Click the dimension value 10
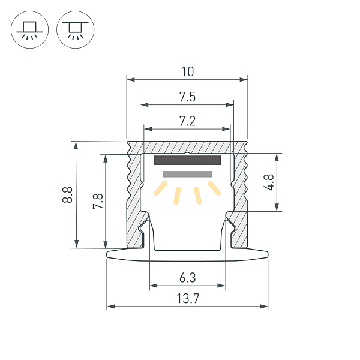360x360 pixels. (x=187, y=72)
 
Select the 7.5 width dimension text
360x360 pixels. (x=187, y=97)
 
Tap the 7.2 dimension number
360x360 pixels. (x=187, y=121)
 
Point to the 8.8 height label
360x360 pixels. (x=67, y=194)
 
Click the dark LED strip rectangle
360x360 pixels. (x=188, y=160)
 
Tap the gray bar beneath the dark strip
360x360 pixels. (x=187, y=174)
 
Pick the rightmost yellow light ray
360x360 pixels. (x=214, y=188)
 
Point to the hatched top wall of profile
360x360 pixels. (x=187, y=147)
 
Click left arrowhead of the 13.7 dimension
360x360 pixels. (x=110, y=307)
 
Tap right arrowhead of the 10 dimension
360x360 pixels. (x=245, y=79)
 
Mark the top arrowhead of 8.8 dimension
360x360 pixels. (x=76, y=145)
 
